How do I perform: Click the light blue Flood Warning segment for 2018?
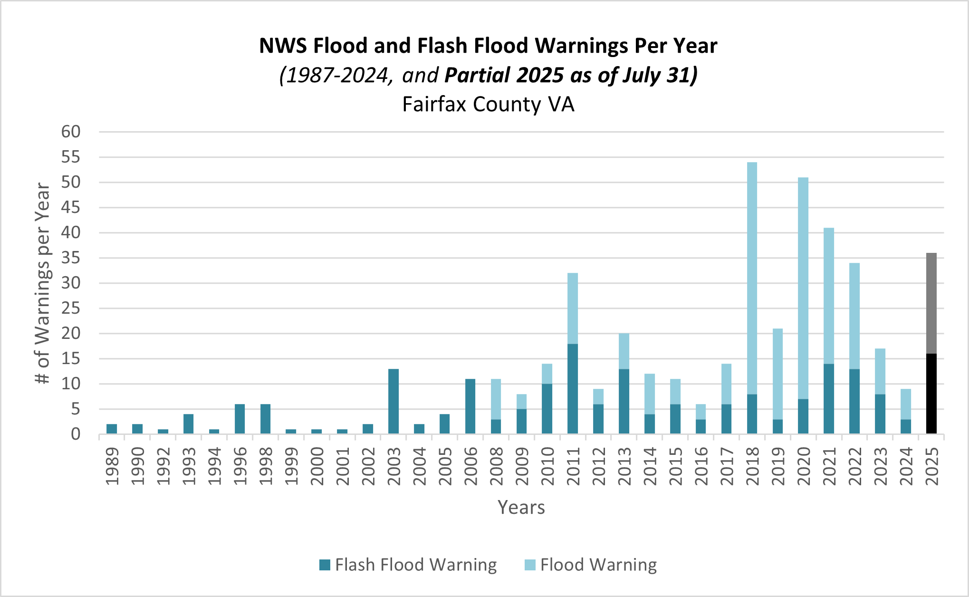pyautogui.click(x=752, y=278)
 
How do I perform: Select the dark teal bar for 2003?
pyautogui.click(x=393, y=401)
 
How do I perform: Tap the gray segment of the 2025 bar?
pyautogui.click(x=931, y=303)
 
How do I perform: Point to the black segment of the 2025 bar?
pyautogui.click(x=931, y=394)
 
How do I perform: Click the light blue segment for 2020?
pyautogui.click(x=803, y=288)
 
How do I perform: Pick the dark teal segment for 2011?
pyautogui.click(x=573, y=388)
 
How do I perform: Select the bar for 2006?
pyautogui.click(x=470, y=406)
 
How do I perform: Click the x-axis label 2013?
pyautogui.click(x=624, y=466)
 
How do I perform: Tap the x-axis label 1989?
pyautogui.click(x=112, y=466)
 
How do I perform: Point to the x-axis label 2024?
pyautogui.click(x=906, y=466)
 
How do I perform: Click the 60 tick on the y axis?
pyautogui.click(x=71, y=132)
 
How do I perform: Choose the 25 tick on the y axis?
pyautogui.click(x=71, y=308)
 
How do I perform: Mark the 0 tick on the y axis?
pyautogui.click(x=76, y=434)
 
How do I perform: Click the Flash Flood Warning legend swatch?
pyautogui.click(x=325, y=565)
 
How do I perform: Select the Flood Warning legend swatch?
pyautogui.click(x=530, y=565)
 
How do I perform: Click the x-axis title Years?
pyautogui.click(x=521, y=507)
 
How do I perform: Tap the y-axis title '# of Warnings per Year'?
pyautogui.click(x=43, y=283)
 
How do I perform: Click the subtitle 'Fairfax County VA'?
pyautogui.click(x=488, y=104)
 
